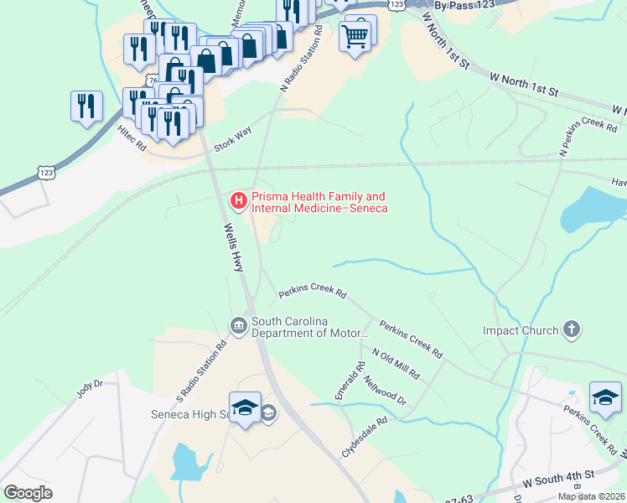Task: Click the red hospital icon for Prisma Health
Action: [238, 200]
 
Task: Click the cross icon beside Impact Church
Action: [572, 329]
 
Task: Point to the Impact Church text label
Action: [520, 330]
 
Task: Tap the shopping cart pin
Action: [355, 35]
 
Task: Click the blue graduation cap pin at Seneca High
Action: [244, 408]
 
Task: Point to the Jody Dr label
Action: [88, 389]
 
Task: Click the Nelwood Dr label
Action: [385, 389]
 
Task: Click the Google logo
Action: [28, 493]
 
